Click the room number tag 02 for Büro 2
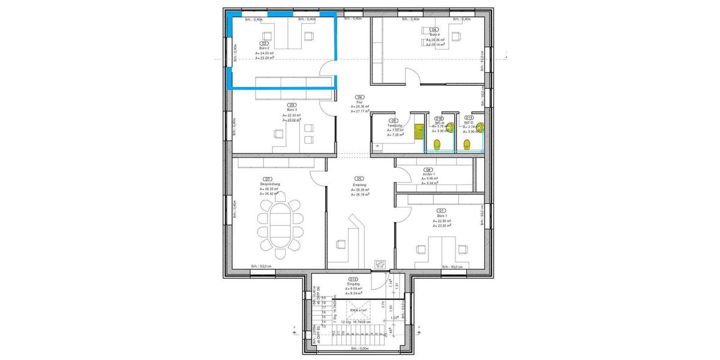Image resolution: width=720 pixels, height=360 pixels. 263,44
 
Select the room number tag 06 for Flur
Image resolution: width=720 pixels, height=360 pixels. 359,97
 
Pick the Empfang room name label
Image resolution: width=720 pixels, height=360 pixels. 359,185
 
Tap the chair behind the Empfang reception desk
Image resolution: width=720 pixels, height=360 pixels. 341,244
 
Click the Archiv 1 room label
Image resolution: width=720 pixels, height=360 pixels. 428,175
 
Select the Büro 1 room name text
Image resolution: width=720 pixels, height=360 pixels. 442,216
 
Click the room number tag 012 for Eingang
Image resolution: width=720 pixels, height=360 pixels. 353,280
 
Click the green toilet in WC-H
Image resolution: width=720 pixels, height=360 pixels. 438,144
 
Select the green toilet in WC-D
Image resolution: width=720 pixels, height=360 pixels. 467,144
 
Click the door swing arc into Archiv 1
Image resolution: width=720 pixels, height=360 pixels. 403,174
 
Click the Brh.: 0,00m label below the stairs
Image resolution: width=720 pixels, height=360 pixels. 359,348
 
